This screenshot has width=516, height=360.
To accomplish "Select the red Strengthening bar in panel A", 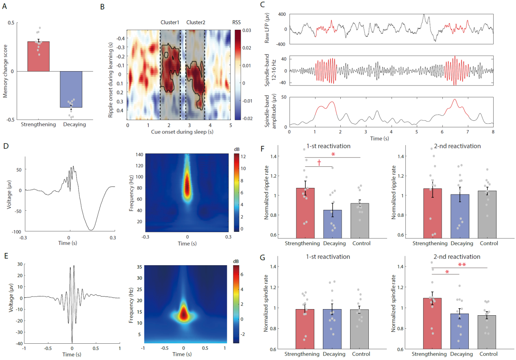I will (39, 57).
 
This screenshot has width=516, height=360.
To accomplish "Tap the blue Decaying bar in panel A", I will (71, 89).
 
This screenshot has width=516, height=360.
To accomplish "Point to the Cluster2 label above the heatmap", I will (196, 22).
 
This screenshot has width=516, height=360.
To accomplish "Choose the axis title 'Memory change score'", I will (6, 71).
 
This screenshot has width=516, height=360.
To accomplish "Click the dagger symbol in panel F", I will (319, 162).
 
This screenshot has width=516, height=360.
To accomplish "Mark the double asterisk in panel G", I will (462, 265).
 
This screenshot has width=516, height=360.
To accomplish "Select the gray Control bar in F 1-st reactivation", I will (359, 220).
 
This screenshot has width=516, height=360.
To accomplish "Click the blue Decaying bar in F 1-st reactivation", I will (333, 224).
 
